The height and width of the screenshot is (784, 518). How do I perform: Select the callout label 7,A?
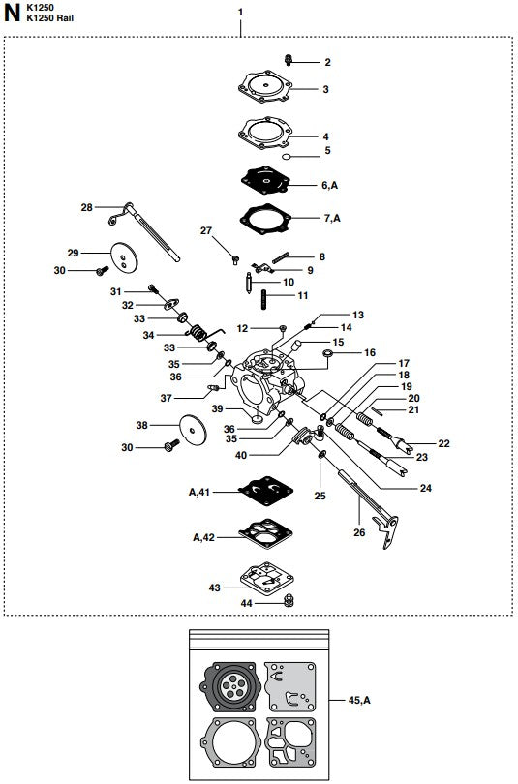pyautogui.click(x=330, y=219)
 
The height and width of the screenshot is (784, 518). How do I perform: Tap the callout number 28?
pyautogui.click(x=87, y=207)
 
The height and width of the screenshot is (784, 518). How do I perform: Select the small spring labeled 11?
pyautogui.click(x=259, y=295)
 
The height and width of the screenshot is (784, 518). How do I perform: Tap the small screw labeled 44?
pyautogui.click(x=287, y=602)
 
